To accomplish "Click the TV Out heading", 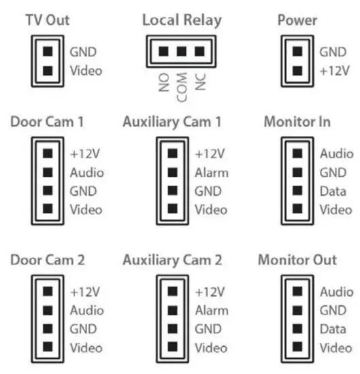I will [x=47, y=20].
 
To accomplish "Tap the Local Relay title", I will [x=182, y=20].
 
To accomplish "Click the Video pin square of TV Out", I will [x=48, y=70].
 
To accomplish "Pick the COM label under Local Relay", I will [x=182, y=87].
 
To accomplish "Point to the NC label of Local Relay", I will [x=200, y=82].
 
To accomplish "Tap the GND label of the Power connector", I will [x=332, y=51].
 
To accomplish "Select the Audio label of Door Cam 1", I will [x=86, y=173].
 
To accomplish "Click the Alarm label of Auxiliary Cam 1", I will [x=212, y=173].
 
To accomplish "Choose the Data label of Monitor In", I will [x=333, y=192].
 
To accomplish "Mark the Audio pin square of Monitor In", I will [x=297, y=154].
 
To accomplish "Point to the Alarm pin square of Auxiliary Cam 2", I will [x=173, y=311].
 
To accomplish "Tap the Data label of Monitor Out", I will [x=333, y=330].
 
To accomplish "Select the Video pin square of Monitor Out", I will [x=297, y=348].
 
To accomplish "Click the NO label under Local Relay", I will [x=163, y=82].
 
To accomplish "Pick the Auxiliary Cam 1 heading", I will [x=172, y=122].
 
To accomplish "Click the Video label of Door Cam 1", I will [x=86, y=210].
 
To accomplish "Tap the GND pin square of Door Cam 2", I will [x=48, y=329].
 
